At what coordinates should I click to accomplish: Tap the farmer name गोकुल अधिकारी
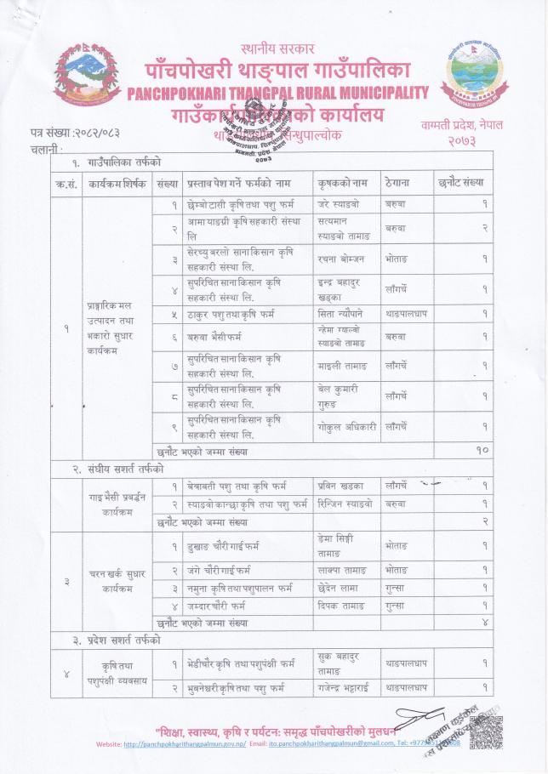[339, 425]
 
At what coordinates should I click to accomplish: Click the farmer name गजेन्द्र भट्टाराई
[340, 686]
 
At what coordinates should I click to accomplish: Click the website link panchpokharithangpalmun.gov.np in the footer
[186, 744]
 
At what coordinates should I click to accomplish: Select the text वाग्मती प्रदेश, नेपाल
[461, 125]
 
